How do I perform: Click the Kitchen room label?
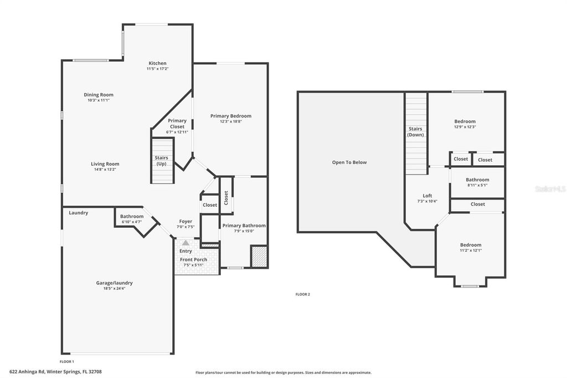pos(157,63)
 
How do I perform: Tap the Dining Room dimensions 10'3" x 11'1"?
pos(99,100)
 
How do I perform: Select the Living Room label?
pos(105,164)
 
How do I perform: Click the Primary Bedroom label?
pos(230,116)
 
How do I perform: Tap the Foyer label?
pos(185,221)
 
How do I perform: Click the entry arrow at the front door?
pos(185,243)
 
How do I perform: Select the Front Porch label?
pos(193,259)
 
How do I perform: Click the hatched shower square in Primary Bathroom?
pos(259,257)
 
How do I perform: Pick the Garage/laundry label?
pos(114,283)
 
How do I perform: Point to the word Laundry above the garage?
pos(78,212)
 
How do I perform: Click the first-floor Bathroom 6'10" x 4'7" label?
pos(132,216)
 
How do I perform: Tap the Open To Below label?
pos(349,162)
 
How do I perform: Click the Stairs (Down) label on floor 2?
pos(415,132)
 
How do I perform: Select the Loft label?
pos(427,196)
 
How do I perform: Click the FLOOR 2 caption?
pos(302,294)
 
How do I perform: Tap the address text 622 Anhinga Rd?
pos(30,372)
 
